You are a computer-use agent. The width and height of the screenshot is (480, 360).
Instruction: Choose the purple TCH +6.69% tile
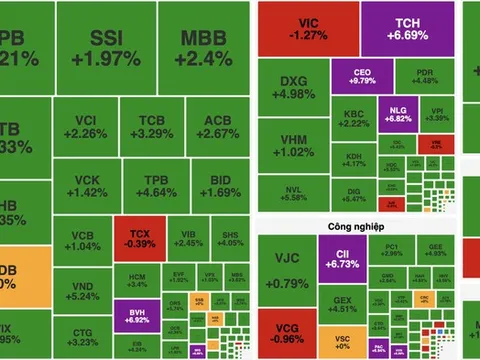(397, 29)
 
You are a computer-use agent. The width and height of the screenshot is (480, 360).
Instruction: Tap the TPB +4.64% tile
(147, 183)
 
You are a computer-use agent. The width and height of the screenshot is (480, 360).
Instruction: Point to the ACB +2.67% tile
(211, 126)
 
